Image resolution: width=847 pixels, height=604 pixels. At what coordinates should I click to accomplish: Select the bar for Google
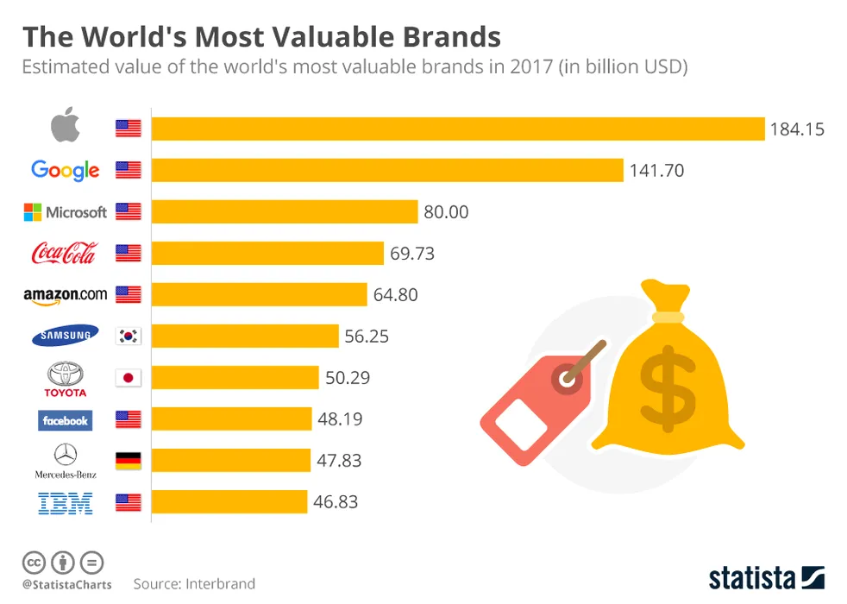coord(387,170)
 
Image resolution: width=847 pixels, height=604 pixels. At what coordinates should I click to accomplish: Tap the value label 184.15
coord(797,129)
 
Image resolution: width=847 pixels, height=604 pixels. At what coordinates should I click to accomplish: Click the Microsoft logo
coord(66,211)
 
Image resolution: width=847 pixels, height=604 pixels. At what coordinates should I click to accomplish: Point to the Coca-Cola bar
coord(267,253)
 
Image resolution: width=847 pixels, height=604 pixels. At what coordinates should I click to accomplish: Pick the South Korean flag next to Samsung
coord(128,336)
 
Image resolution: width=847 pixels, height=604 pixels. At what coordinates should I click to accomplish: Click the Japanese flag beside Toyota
coord(128,377)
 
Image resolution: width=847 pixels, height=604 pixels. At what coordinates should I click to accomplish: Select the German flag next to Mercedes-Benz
coord(128,460)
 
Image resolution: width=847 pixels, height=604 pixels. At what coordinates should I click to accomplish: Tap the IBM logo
coord(66,502)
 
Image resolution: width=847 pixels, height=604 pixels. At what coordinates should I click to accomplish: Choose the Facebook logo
coord(66,420)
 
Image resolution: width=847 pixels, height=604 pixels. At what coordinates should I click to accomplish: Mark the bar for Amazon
coord(259,294)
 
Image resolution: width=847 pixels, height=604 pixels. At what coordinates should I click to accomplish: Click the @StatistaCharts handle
coord(66,585)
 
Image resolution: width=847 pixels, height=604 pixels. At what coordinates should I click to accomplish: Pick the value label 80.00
coord(446,211)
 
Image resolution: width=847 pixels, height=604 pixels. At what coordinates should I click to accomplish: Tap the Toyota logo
coord(66,379)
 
